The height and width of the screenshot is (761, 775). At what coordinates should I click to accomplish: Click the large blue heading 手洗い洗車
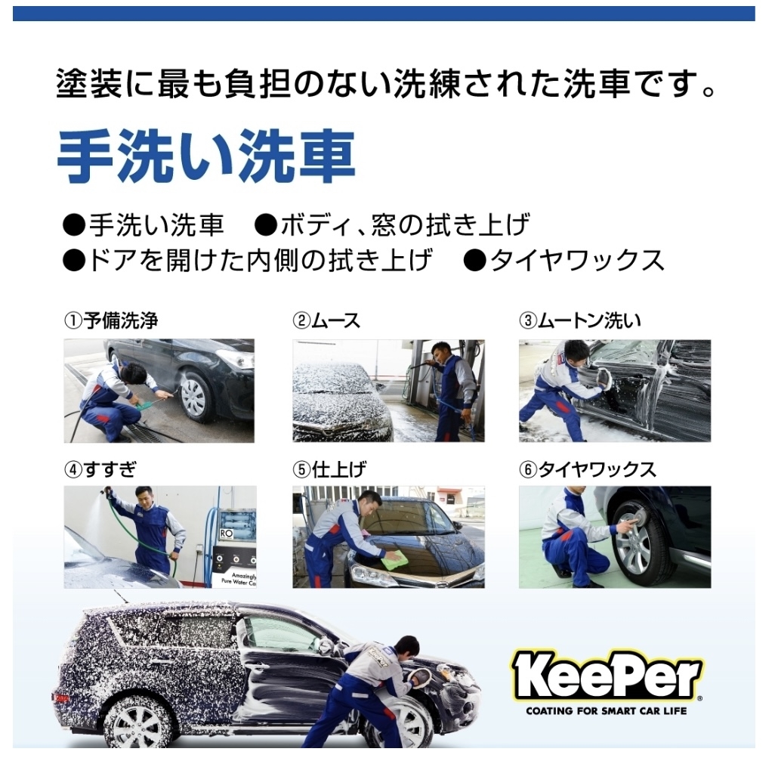pos(206,156)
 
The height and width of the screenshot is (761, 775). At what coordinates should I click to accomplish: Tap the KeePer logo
pos(607,675)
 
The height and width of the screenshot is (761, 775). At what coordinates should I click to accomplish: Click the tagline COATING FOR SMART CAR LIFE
pos(607,711)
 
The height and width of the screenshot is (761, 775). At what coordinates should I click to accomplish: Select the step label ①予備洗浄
pos(111,320)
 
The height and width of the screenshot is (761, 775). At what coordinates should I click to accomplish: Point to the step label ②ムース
pos(326,320)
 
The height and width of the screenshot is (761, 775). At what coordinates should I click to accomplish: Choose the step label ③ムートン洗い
pos(580,320)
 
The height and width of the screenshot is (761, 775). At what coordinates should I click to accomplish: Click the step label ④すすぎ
pos(100,469)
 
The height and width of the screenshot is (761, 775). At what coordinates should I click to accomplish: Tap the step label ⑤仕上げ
pos(329,469)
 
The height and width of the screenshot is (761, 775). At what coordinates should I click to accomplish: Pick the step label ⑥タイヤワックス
pos(588,469)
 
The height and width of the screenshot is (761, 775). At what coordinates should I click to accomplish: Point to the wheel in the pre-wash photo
pos(195,397)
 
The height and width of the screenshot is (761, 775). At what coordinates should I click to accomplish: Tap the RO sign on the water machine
pos(226,534)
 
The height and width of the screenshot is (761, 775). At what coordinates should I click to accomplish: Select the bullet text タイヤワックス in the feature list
pos(577,261)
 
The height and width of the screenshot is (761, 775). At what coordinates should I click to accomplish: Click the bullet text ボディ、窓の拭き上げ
pos(406,225)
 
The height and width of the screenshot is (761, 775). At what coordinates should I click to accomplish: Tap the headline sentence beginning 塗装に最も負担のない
pos(386,84)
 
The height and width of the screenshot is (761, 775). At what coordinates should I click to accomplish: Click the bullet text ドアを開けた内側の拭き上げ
pos(261,261)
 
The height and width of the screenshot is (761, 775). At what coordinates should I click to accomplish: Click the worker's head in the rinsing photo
pos(144,499)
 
